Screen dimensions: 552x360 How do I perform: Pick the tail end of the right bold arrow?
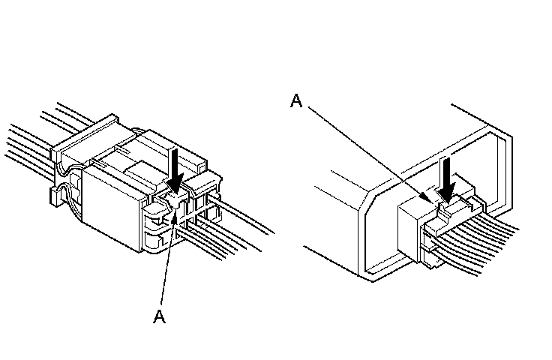448,159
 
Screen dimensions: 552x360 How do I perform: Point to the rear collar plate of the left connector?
82,142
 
